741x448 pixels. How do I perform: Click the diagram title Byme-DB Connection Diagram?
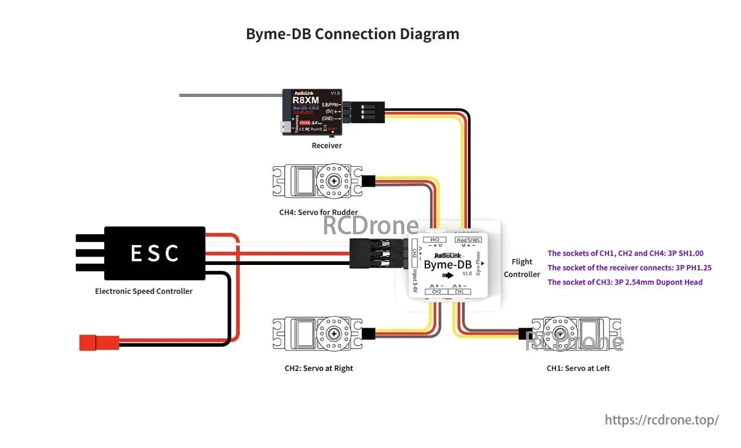pyautogui.click(x=352, y=34)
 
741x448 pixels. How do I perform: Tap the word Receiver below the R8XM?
pyautogui.click(x=327, y=146)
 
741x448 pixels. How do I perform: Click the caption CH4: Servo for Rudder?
pyautogui.click(x=318, y=213)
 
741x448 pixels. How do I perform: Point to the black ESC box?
pyautogui.click(x=154, y=253)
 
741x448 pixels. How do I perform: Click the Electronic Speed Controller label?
pyautogui.click(x=144, y=291)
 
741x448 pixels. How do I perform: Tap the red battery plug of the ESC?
pyautogui.click(x=99, y=343)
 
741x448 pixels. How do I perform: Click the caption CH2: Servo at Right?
pyautogui.click(x=319, y=368)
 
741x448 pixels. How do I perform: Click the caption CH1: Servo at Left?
pyautogui.click(x=578, y=368)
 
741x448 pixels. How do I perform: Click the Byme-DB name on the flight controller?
pyautogui.click(x=448, y=264)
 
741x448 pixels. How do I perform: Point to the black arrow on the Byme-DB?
pyautogui.click(x=448, y=275)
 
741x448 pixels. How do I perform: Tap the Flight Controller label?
pyautogui.click(x=522, y=268)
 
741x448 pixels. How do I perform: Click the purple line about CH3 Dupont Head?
pyautogui.click(x=625, y=282)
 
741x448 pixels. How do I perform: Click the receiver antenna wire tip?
pyautogui.click(x=181, y=95)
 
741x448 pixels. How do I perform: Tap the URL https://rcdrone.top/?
pyautogui.click(x=661, y=420)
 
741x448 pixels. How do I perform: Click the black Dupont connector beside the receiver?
pyautogui.click(x=366, y=112)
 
